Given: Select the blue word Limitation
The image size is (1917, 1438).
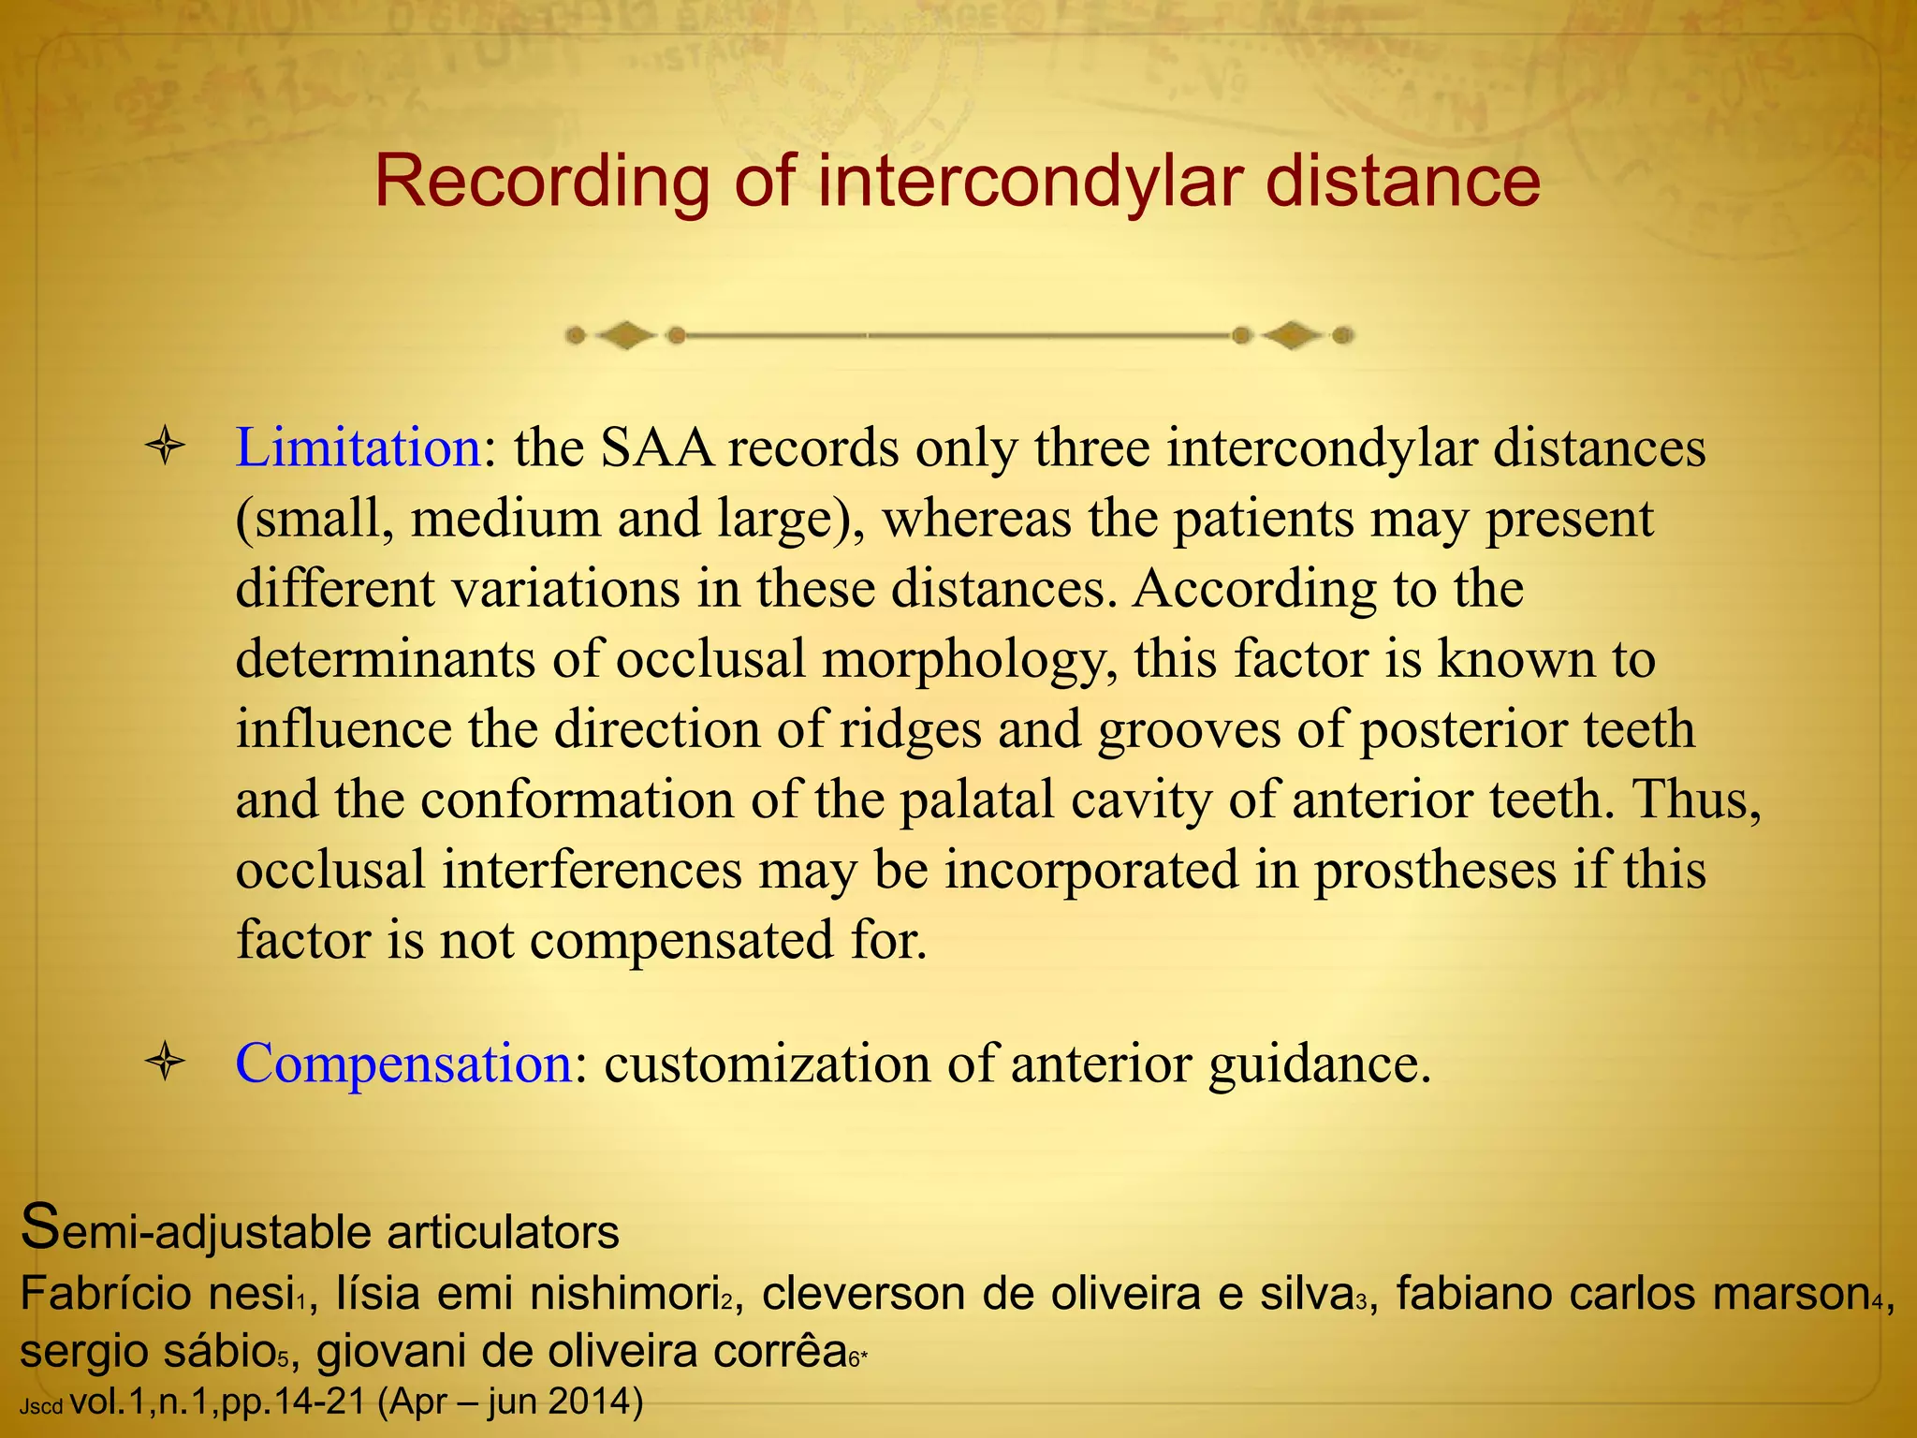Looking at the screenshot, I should point(358,448).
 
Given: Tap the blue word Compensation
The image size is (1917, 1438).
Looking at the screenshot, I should point(403,1064).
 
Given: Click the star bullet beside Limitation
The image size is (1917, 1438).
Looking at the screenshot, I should point(165,447).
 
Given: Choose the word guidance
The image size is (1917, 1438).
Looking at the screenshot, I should point(1319,1064).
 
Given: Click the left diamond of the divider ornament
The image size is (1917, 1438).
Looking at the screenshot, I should point(625,335).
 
